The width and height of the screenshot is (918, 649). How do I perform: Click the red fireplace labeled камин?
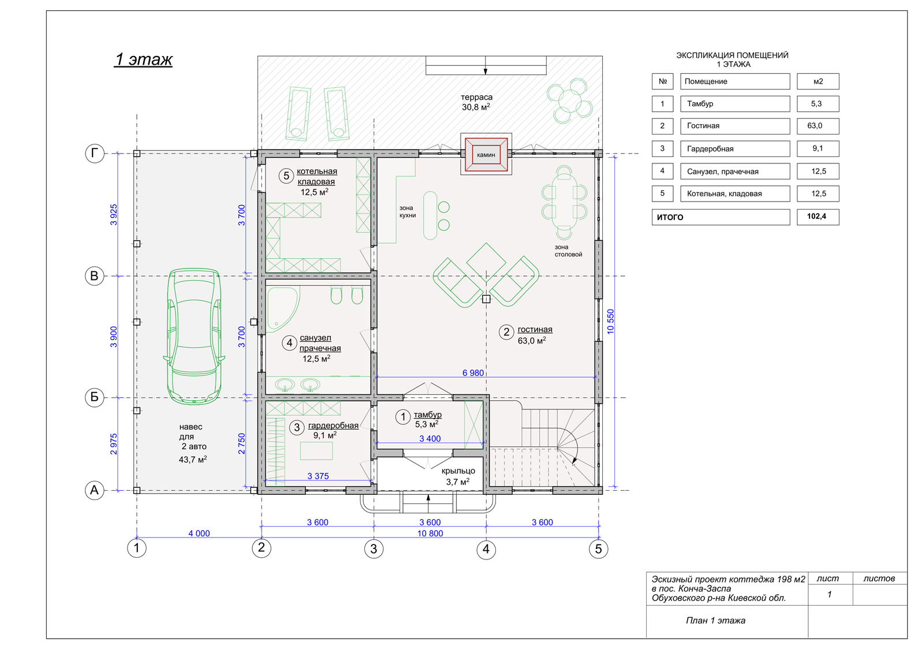[486, 155]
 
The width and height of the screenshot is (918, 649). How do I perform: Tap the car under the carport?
[194, 336]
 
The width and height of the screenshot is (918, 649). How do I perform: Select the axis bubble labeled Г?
[95, 154]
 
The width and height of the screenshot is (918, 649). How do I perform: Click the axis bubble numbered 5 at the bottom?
[598, 549]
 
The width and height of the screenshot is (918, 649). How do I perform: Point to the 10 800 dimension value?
[430, 534]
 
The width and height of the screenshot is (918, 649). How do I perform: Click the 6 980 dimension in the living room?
[473, 372]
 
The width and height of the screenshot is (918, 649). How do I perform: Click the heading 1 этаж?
[143, 59]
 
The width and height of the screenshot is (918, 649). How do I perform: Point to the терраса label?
[476, 97]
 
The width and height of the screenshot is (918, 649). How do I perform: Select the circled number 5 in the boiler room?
[286, 176]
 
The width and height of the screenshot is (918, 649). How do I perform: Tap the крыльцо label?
[458, 471]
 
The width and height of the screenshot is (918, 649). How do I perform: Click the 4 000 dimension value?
[199, 534]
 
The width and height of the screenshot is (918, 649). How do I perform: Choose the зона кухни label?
[408, 211]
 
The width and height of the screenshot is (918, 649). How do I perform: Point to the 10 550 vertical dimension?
[611, 322]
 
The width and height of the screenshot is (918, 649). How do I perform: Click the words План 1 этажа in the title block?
[715, 620]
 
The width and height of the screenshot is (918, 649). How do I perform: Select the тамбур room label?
[427, 415]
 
